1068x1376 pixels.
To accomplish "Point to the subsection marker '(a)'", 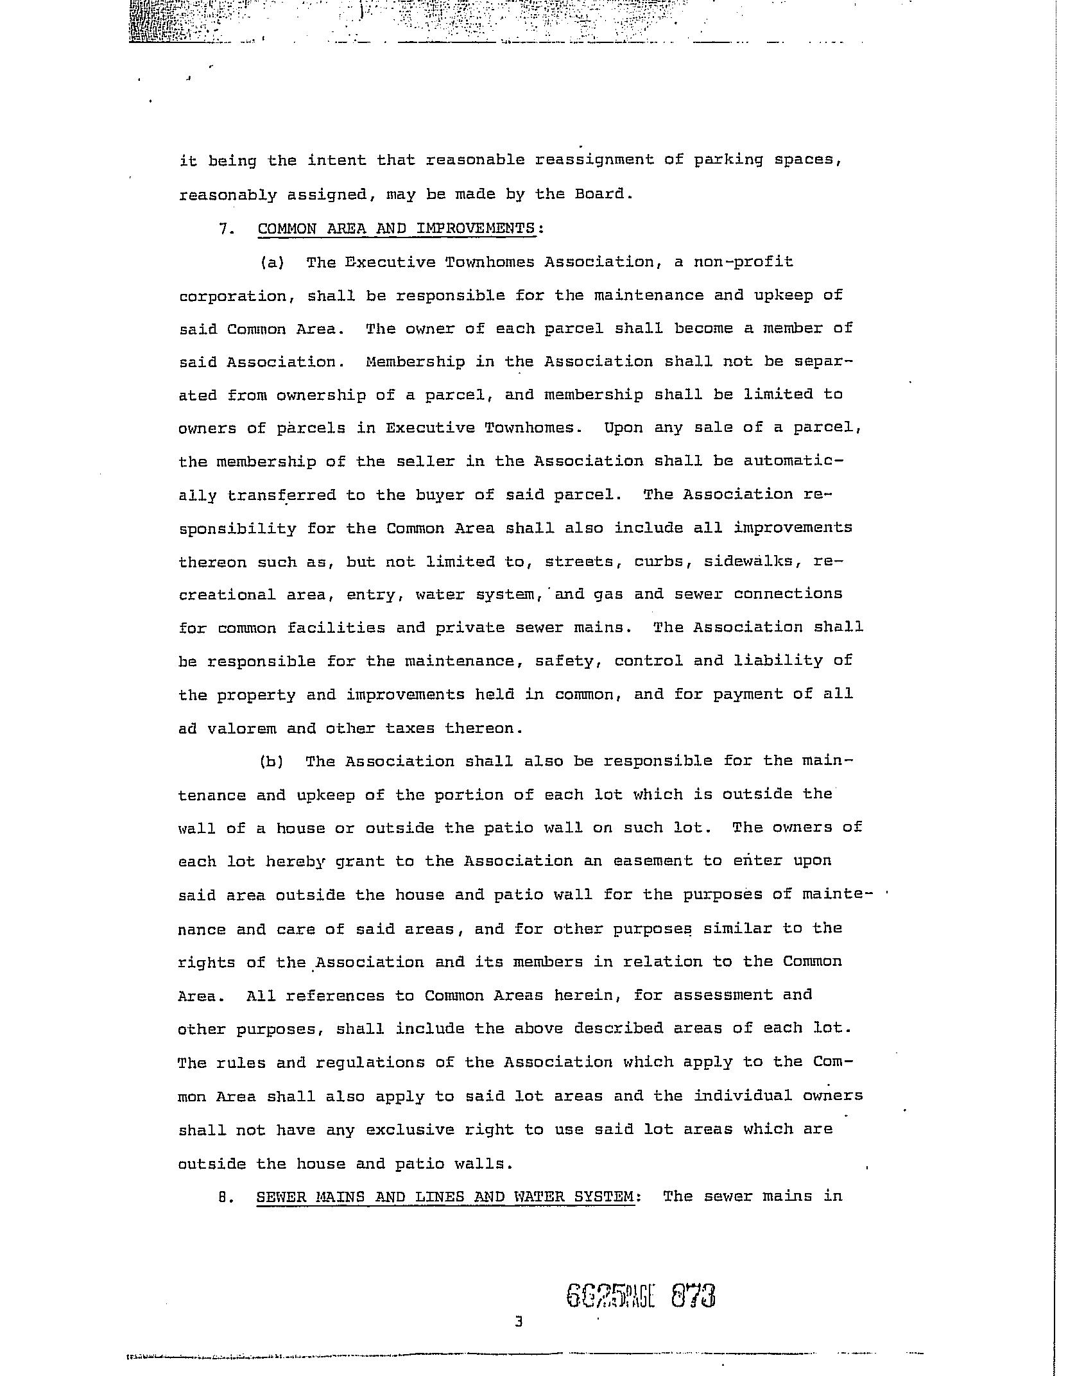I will click(272, 262).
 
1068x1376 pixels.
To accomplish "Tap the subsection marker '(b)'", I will click(272, 762).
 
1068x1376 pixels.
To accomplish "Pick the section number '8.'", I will click(224, 1197).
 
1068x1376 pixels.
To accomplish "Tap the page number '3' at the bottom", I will click(519, 1321).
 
